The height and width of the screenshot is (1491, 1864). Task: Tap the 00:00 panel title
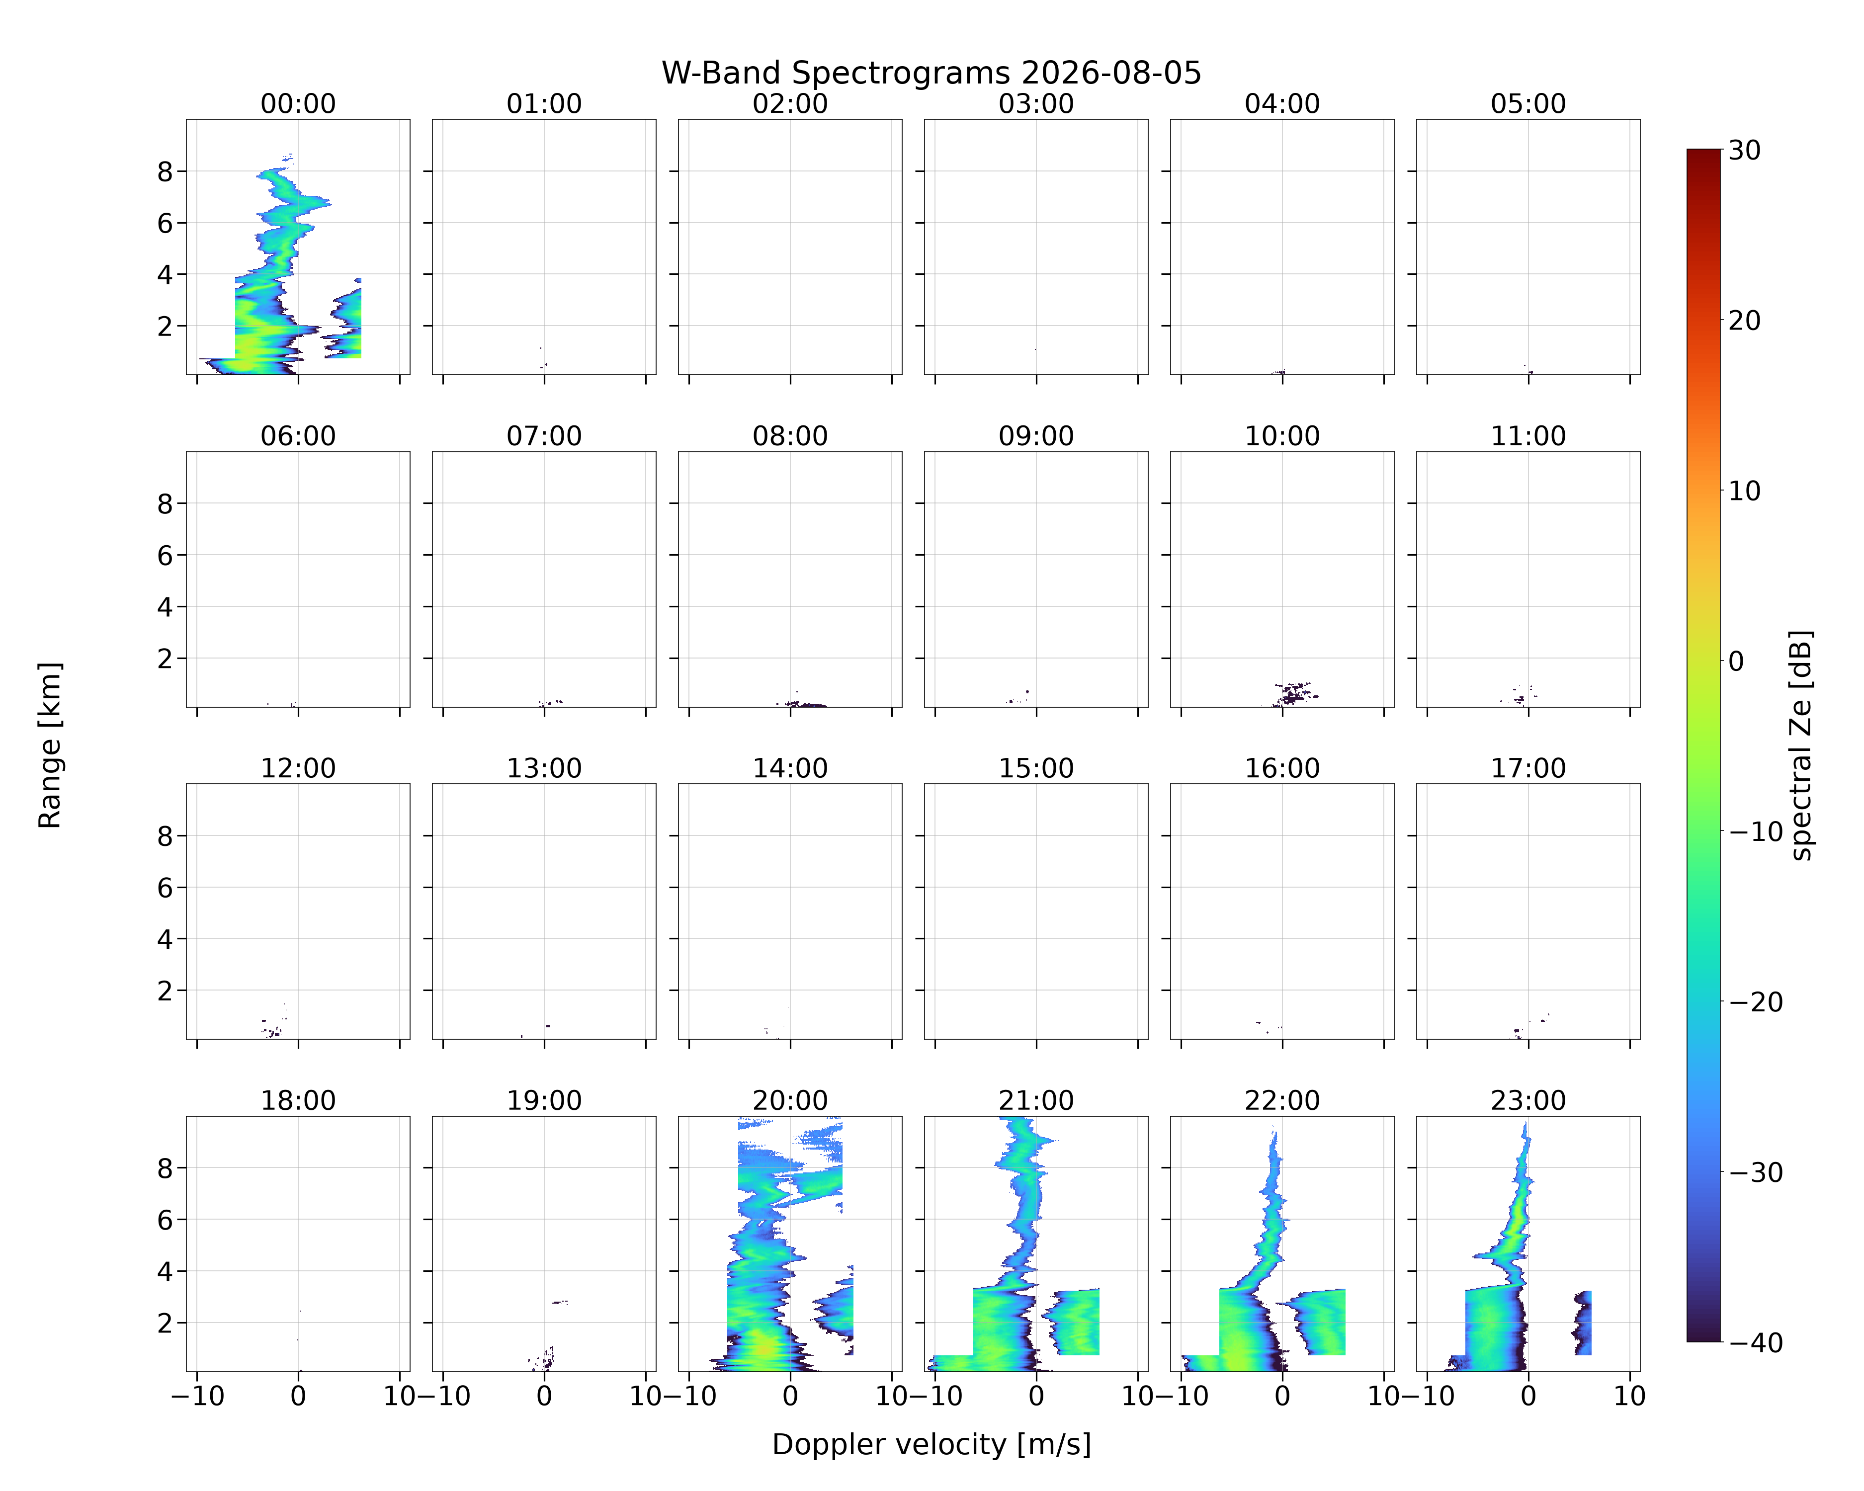[298, 104]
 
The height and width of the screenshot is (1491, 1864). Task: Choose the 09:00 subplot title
[1036, 436]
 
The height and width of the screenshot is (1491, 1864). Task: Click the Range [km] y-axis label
[50, 745]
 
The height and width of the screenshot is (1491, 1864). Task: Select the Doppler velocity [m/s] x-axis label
[931, 1444]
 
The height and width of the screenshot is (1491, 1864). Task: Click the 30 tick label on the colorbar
[1745, 151]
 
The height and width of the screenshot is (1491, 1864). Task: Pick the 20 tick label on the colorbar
[1745, 321]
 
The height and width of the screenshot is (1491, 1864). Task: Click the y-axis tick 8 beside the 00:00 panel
[165, 172]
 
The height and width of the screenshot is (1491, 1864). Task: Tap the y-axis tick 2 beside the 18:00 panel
[165, 1324]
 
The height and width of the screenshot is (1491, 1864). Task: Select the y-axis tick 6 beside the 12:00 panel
[165, 888]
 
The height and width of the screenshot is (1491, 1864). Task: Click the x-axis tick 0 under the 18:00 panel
[298, 1396]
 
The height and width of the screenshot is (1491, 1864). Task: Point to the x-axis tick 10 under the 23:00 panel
[1630, 1396]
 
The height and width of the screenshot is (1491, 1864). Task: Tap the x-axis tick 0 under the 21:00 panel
[1036, 1396]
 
